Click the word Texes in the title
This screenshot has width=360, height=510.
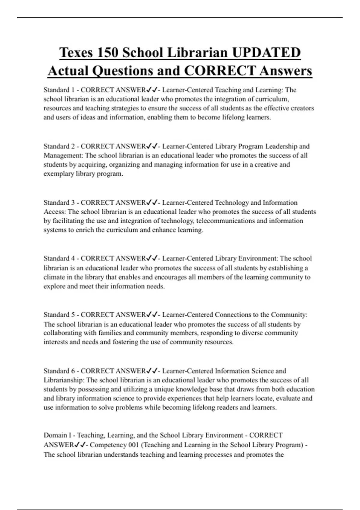(76, 53)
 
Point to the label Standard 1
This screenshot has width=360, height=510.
(59, 90)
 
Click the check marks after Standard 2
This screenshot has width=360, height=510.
(152, 146)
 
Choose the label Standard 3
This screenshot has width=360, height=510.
(59, 202)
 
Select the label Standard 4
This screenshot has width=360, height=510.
(59, 258)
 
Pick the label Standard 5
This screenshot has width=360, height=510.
(59, 315)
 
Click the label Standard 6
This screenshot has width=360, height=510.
(59, 371)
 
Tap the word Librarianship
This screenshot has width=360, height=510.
(64, 380)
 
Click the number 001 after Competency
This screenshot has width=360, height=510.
(133, 445)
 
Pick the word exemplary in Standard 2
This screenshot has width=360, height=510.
(57, 174)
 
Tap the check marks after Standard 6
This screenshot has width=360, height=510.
(152, 371)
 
